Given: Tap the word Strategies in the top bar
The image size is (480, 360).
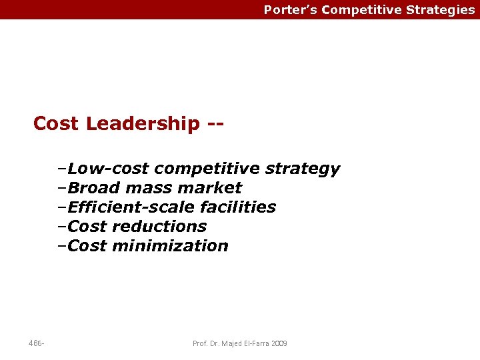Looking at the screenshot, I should click(441, 10).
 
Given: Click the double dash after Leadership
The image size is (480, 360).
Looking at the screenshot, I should click(215, 124).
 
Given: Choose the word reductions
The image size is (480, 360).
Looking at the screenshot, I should click(160, 227).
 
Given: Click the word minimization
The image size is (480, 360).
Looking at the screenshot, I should click(171, 246).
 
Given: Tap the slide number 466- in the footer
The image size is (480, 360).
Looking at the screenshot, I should click(37, 343).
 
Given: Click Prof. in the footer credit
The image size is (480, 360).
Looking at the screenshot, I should click(200, 343).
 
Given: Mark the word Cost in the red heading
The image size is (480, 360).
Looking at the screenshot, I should click(56, 124).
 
